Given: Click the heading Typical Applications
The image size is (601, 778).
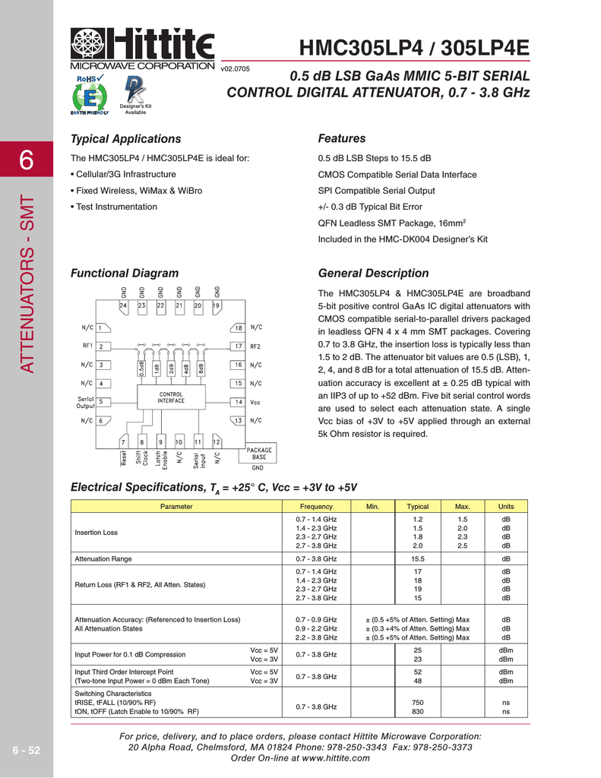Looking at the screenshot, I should point(125,138).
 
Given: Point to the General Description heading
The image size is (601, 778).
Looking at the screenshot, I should point(373,273).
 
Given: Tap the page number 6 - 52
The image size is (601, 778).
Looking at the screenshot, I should point(27,750).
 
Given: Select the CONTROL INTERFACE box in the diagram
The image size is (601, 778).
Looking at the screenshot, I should point(171,397).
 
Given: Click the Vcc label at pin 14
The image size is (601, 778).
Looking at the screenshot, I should point(256,402).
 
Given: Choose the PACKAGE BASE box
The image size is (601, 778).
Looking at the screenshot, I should point(259,454).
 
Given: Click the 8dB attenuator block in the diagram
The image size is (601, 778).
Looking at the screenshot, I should point(201,368).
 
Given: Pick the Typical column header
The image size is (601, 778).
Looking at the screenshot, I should point(418,507).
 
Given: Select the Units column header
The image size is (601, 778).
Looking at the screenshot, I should point(505,507).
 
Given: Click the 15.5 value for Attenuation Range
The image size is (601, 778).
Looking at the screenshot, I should point(418,558).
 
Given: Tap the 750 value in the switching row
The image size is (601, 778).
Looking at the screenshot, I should point(418,702).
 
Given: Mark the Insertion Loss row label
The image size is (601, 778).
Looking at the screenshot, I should point(96,533).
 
